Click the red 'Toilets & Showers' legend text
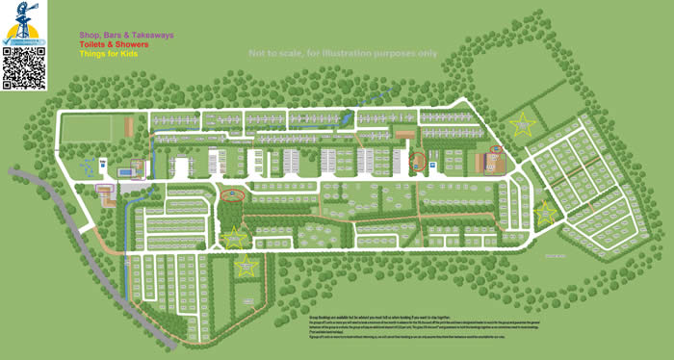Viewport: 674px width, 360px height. click(x=114, y=44)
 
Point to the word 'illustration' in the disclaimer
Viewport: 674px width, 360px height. click(x=343, y=54)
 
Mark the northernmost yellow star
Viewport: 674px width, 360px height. click(x=522, y=124)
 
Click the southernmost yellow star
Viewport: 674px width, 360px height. click(x=246, y=264)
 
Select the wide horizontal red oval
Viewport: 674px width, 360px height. click(x=232, y=194)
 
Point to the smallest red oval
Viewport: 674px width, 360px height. click(x=497, y=149)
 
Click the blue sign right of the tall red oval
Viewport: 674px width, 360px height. click(x=432, y=165)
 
